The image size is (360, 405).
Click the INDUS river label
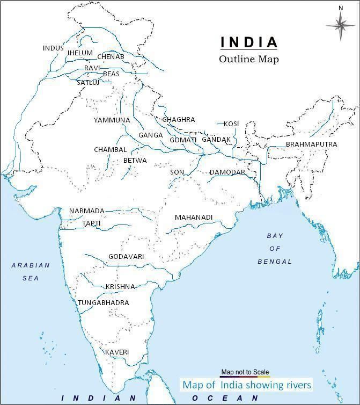coord(53,48)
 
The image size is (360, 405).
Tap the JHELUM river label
coord(80,54)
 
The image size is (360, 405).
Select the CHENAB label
coord(111,57)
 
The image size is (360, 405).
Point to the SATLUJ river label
coord(88,83)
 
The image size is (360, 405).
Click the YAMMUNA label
coord(112,120)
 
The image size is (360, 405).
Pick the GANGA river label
coord(150,135)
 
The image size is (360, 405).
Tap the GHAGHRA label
coord(179,120)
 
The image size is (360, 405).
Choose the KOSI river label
coord(231,124)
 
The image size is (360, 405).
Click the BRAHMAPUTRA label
coord(311,144)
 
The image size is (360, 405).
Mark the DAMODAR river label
coord(227,172)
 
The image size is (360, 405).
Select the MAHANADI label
coord(194,218)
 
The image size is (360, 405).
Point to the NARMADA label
coord(87,211)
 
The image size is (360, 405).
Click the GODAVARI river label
coord(126,257)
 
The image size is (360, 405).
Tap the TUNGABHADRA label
coord(104,303)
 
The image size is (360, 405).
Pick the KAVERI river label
coord(117,352)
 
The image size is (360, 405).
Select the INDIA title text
coord(249,42)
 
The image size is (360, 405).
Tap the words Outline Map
coord(249,59)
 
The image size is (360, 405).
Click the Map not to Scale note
coord(245,372)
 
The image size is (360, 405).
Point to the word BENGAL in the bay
coord(275,262)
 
